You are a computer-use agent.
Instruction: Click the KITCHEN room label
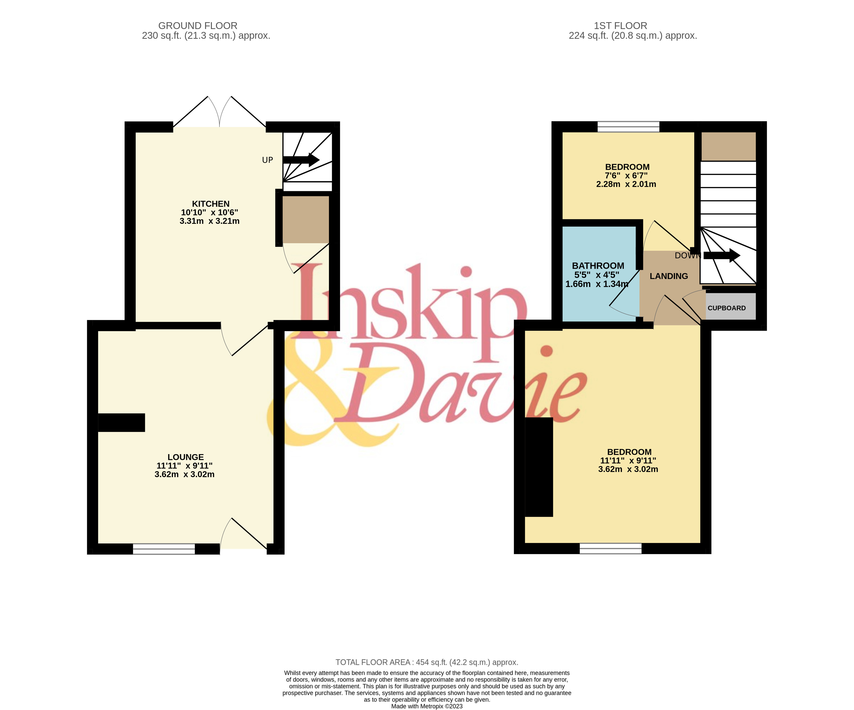pyautogui.click(x=211, y=204)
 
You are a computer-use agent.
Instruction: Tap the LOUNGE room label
pyautogui.click(x=186, y=457)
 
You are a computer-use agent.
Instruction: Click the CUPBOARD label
pyautogui.click(x=727, y=308)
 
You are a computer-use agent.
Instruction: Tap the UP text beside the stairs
pyautogui.click(x=268, y=160)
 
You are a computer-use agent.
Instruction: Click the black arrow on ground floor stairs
pyautogui.click(x=301, y=160)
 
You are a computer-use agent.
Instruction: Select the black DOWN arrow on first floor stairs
pyautogui.click(x=722, y=255)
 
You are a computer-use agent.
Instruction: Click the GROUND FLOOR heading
pyautogui.click(x=198, y=26)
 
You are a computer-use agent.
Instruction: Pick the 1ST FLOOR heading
pyautogui.click(x=620, y=26)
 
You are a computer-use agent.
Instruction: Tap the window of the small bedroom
pyautogui.click(x=628, y=127)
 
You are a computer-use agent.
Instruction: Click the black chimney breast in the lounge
pyautogui.click(x=122, y=423)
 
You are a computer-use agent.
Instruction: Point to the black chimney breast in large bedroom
pyautogui.click(x=539, y=467)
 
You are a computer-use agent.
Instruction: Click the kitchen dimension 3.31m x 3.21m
pyautogui.click(x=209, y=221)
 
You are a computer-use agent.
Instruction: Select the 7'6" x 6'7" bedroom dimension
pyautogui.click(x=626, y=176)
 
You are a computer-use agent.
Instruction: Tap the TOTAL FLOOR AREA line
pyautogui.click(x=427, y=662)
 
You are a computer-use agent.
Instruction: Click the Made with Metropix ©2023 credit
pyautogui.click(x=427, y=706)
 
